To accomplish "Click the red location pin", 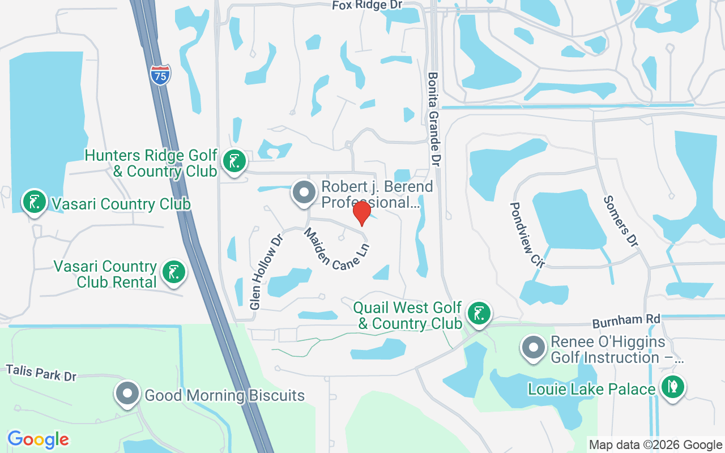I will [x=361, y=213].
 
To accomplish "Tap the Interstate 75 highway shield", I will [x=160, y=75].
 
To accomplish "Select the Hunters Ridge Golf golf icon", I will [x=233, y=161].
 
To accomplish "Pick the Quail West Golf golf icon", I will [x=479, y=313].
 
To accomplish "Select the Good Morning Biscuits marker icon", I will [x=127, y=394].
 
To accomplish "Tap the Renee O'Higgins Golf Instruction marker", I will [x=533, y=347].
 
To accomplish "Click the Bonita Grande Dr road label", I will [x=434, y=119].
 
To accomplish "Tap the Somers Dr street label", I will [x=621, y=221].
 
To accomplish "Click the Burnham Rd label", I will [x=626, y=321].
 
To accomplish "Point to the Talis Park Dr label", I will [x=41, y=373].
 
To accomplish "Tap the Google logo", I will [x=38, y=439].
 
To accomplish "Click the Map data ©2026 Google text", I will [x=655, y=445].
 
